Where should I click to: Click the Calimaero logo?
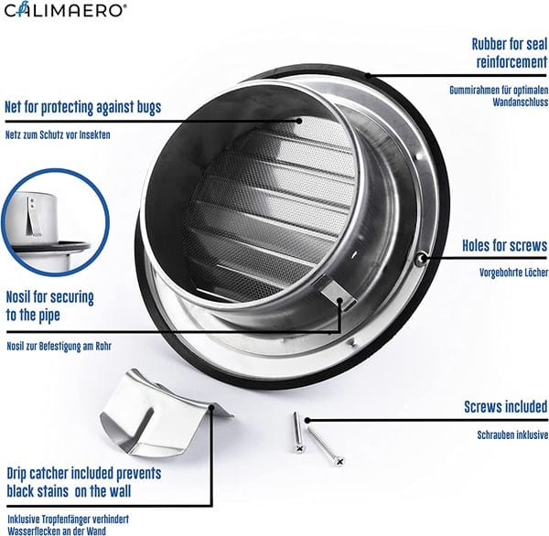coord(63,9)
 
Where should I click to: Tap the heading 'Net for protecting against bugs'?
coord(83,107)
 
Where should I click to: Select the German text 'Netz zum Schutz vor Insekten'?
coord(58,134)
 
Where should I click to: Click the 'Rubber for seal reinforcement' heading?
coord(509,53)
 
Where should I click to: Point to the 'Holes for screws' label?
coord(504,245)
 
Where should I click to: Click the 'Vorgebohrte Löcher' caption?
coord(513,272)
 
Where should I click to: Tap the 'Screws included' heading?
coord(506,407)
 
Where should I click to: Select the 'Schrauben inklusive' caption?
coord(512,434)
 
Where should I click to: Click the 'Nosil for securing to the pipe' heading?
coord(50,306)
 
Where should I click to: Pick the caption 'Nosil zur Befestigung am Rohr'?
coord(59,347)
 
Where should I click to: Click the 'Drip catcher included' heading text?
coord(84,482)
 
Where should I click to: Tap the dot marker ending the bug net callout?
coord(299,121)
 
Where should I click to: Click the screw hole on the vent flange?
coord(422,259)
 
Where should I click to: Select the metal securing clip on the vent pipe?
coord(337,293)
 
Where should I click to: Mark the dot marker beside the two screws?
coord(307,420)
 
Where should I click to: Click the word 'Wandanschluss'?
coord(521,102)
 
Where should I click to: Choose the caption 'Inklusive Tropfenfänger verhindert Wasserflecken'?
coord(68,525)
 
